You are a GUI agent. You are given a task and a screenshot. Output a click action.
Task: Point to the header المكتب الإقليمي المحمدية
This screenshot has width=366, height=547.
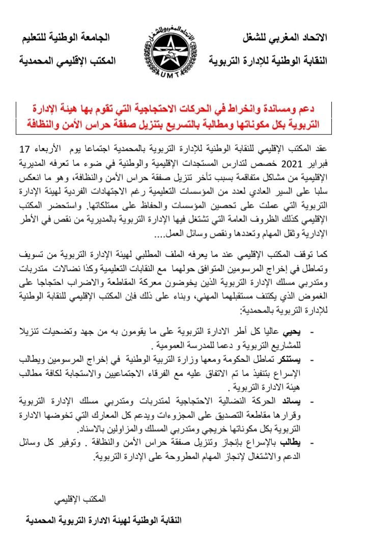coord(67,61)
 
